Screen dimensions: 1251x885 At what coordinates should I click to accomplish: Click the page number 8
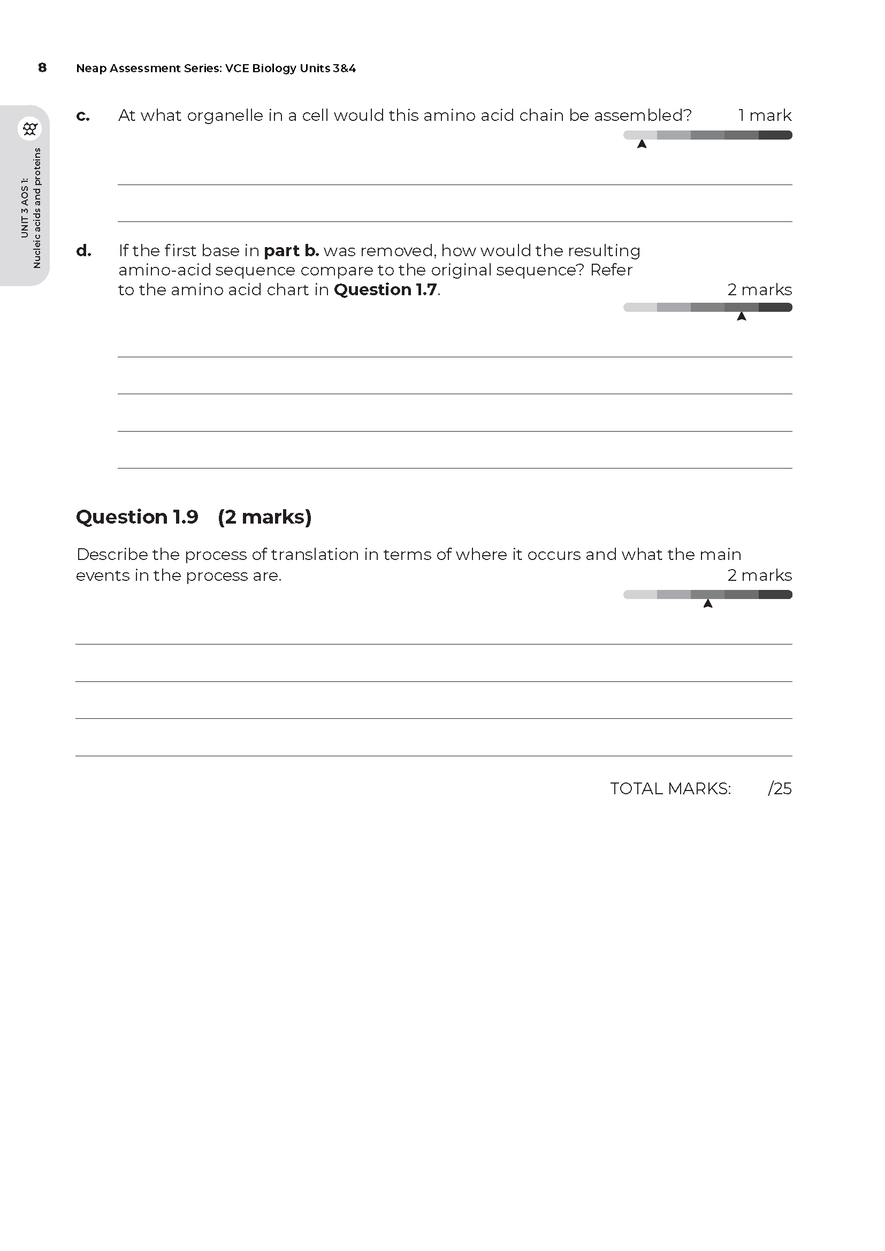[x=42, y=67]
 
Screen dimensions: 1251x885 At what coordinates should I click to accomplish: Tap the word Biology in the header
[x=274, y=68]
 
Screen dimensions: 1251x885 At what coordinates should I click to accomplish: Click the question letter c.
[x=83, y=116]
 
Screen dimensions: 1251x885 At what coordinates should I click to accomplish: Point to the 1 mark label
[x=765, y=116]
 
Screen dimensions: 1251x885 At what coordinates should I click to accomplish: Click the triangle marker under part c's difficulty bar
[x=642, y=144]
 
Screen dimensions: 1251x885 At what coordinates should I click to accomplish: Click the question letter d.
[x=83, y=251]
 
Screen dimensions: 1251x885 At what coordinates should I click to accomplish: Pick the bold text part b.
[x=291, y=251]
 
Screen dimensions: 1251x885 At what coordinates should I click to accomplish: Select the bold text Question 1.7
[x=385, y=290]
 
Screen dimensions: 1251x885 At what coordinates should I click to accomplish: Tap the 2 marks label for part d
[x=759, y=290]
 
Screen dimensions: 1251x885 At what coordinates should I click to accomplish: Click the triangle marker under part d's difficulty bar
[x=741, y=317]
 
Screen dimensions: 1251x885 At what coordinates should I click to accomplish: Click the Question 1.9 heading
[x=137, y=517]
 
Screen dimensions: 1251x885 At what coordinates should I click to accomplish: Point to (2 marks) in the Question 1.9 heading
[x=264, y=517]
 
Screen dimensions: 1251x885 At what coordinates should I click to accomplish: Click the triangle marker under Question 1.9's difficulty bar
[x=708, y=604]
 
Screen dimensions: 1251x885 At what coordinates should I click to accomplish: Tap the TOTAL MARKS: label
[x=670, y=788]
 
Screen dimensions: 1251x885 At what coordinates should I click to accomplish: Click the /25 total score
[x=779, y=788]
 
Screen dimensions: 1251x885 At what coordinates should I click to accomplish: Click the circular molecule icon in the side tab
[x=30, y=129]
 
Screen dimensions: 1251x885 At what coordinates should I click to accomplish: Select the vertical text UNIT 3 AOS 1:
[x=25, y=208]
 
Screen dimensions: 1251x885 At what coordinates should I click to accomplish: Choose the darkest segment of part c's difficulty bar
[x=775, y=135]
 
